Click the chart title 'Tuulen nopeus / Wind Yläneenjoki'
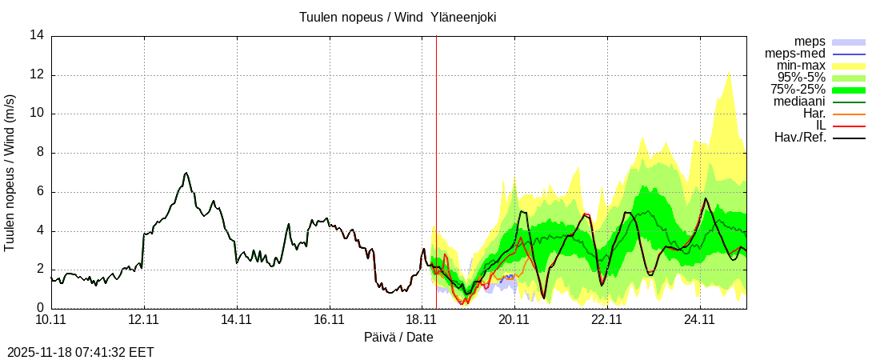point(398,17)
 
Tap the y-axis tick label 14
point(37,36)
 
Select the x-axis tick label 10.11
point(50,320)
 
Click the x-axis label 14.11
point(236,320)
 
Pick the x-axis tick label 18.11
point(422,320)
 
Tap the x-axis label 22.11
point(607,320)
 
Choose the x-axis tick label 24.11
point(700,320)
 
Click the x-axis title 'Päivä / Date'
point(398,337)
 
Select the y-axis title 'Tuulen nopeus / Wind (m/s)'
point(10,172)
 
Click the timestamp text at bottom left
point(81,352)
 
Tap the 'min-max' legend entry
point(801,66)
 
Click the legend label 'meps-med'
point(795,54)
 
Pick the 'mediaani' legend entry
point(799,102)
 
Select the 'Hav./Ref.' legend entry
point(800,138)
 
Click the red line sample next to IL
point(850,126)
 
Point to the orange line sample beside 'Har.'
point(850,114)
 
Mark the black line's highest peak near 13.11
point(186,173)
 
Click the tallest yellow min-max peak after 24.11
point(729,70)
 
